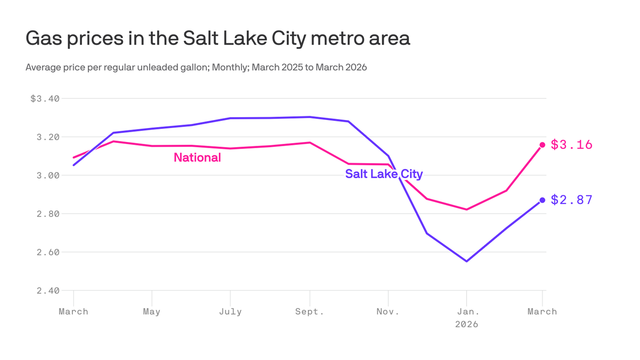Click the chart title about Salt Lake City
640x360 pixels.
218,38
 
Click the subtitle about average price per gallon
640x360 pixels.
196,67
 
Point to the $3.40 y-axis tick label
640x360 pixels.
45,99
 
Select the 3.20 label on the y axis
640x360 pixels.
48,137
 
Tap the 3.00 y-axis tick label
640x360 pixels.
48,176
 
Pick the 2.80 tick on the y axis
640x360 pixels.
48,214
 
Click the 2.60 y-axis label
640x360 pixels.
48,253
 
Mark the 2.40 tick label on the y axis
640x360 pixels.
48,291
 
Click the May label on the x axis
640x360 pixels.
152,312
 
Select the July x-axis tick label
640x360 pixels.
230,312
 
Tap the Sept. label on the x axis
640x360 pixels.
309,312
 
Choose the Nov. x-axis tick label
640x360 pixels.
388,312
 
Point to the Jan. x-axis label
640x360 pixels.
467,312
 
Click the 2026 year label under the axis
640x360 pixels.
467,324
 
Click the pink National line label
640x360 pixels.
197,158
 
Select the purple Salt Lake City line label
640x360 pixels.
384,174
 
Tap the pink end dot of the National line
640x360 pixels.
543,145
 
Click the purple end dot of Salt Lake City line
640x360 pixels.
543,200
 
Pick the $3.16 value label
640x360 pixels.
572,145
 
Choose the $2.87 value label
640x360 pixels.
572,200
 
